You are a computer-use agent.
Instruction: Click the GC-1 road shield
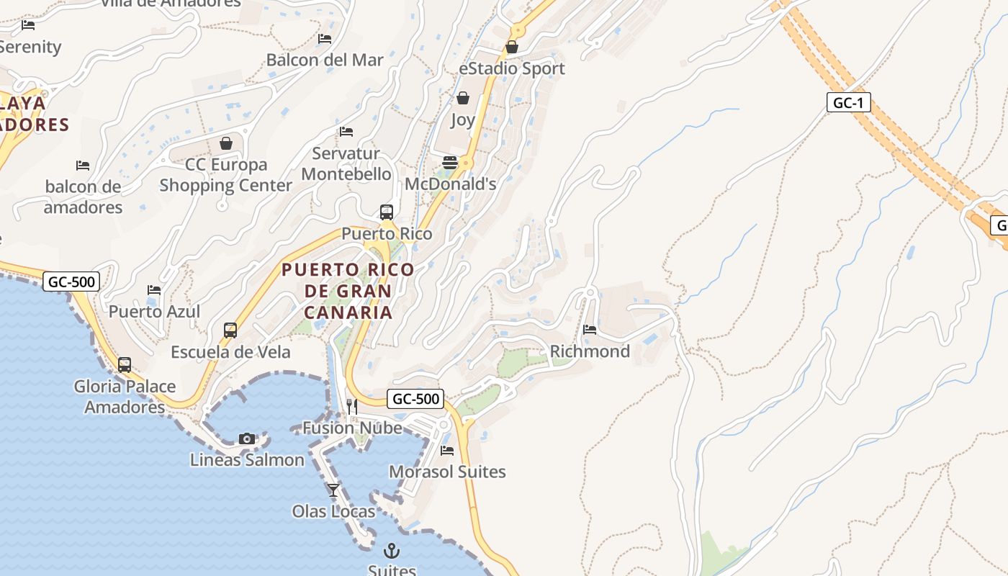click(848, 103)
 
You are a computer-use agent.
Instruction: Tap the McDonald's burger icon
click(450, 163)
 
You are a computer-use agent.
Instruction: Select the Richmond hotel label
click(590, 351)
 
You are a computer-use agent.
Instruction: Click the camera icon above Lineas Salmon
click(247, 438)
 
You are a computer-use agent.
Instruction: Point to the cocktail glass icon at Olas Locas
click(333, 490)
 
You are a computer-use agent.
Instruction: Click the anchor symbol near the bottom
click(392, 551)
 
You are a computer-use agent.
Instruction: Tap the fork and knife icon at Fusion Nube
click(352, 407)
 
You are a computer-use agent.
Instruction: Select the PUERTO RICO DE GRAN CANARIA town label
click(348, 291)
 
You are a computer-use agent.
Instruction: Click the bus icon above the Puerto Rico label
click(387, 212)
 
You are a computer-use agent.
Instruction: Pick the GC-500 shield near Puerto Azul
click(71, 282)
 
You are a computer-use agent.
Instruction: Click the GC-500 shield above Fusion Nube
click(415, 399)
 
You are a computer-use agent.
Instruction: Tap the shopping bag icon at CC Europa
click(226, 143)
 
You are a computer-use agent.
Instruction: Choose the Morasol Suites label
click(447, 472)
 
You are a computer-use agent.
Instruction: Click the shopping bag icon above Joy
click(463, 98)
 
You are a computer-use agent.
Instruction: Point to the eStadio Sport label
click(512, 68)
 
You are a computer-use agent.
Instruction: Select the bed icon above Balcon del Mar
click(325, 39)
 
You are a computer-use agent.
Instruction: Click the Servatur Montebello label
click(346, 163)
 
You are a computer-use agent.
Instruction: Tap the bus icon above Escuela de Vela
click(230, 330)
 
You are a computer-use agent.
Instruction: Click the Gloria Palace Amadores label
click(125, 397)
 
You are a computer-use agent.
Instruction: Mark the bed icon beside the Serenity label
click(28, 25)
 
